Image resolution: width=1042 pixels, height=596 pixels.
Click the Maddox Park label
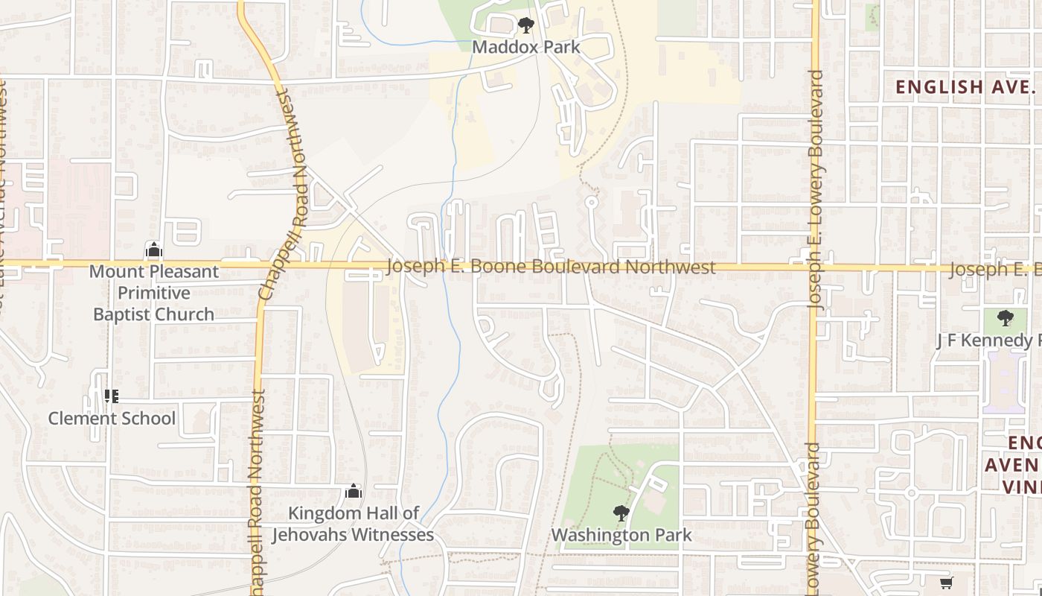click(x=526, y=47)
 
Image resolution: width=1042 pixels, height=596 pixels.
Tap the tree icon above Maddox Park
click(x=526, y=25)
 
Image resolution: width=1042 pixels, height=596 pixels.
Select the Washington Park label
click(x=621, y=535)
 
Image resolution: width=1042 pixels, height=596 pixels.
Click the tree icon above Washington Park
click(x=621, y=513)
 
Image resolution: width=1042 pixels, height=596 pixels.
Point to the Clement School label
click(x=112, y=419)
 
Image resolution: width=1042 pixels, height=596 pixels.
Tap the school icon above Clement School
click(x=112, y=396)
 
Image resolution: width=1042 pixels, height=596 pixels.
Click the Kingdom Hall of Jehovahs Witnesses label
click(x=353, y=524)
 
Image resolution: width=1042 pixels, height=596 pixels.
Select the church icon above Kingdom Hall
click(x=353, y=491)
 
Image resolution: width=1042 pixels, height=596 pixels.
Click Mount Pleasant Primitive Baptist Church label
click(x=153, y=293)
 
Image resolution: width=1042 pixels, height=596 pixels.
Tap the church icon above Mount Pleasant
click(x=153, y=250)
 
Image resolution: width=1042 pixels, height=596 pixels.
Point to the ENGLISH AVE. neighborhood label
click(x=965, y=86)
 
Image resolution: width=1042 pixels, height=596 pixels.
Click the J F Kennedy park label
click(x=988, y=340)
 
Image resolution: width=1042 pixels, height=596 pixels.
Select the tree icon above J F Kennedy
click(x=1005, y=318)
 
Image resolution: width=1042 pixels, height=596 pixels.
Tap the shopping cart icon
click(x=946, y=583)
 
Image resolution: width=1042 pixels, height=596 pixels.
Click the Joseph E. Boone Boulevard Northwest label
click(x=551, y=267)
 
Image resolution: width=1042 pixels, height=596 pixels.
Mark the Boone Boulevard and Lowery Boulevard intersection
click(x=814, y=267)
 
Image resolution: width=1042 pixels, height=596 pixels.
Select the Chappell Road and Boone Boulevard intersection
click(x=263, y=264)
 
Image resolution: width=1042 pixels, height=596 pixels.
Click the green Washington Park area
click(x=595, y=484)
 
